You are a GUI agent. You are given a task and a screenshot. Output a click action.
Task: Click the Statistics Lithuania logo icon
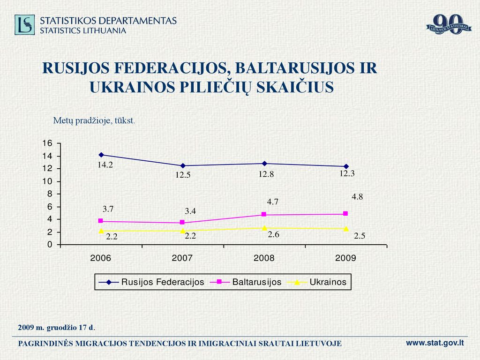[x=24, y=25]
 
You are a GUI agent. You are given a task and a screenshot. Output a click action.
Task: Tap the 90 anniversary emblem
[x=449, y=24]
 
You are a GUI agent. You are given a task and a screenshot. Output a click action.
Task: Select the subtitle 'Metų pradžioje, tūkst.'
[x=94, y=120]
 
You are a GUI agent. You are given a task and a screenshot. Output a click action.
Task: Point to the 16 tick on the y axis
[x=47, y=143]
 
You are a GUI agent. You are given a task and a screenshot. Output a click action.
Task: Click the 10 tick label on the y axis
[x=47, y=181]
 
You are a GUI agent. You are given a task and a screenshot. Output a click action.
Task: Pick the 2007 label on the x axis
[x=182, y=258]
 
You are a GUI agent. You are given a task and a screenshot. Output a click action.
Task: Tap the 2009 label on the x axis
[x=345, y=258]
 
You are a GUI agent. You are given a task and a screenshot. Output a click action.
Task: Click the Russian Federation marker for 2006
[x=101, y=155]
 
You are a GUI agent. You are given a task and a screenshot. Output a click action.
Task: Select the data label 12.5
[x=183, y=175]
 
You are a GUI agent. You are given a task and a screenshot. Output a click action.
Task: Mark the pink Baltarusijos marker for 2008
[x=264, y=214]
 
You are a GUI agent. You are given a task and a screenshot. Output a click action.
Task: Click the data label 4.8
[x=357, y=197]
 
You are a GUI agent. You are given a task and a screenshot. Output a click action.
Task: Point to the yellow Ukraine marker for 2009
[x=346, y=229]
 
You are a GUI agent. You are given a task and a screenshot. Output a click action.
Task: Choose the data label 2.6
[x=273, y=234]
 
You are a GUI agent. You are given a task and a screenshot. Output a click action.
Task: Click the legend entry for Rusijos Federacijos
[x=151, y=282]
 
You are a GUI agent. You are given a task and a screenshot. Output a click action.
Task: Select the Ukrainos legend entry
[x=317, y=282]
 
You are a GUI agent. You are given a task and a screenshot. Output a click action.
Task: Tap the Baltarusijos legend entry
[x=246, y=282]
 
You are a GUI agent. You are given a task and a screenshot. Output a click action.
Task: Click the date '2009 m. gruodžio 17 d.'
[x=57, y=327]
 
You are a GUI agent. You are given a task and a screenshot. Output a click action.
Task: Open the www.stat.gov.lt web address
[x=435, y=343]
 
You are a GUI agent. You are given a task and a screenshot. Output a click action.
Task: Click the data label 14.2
[x=105, y=165]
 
